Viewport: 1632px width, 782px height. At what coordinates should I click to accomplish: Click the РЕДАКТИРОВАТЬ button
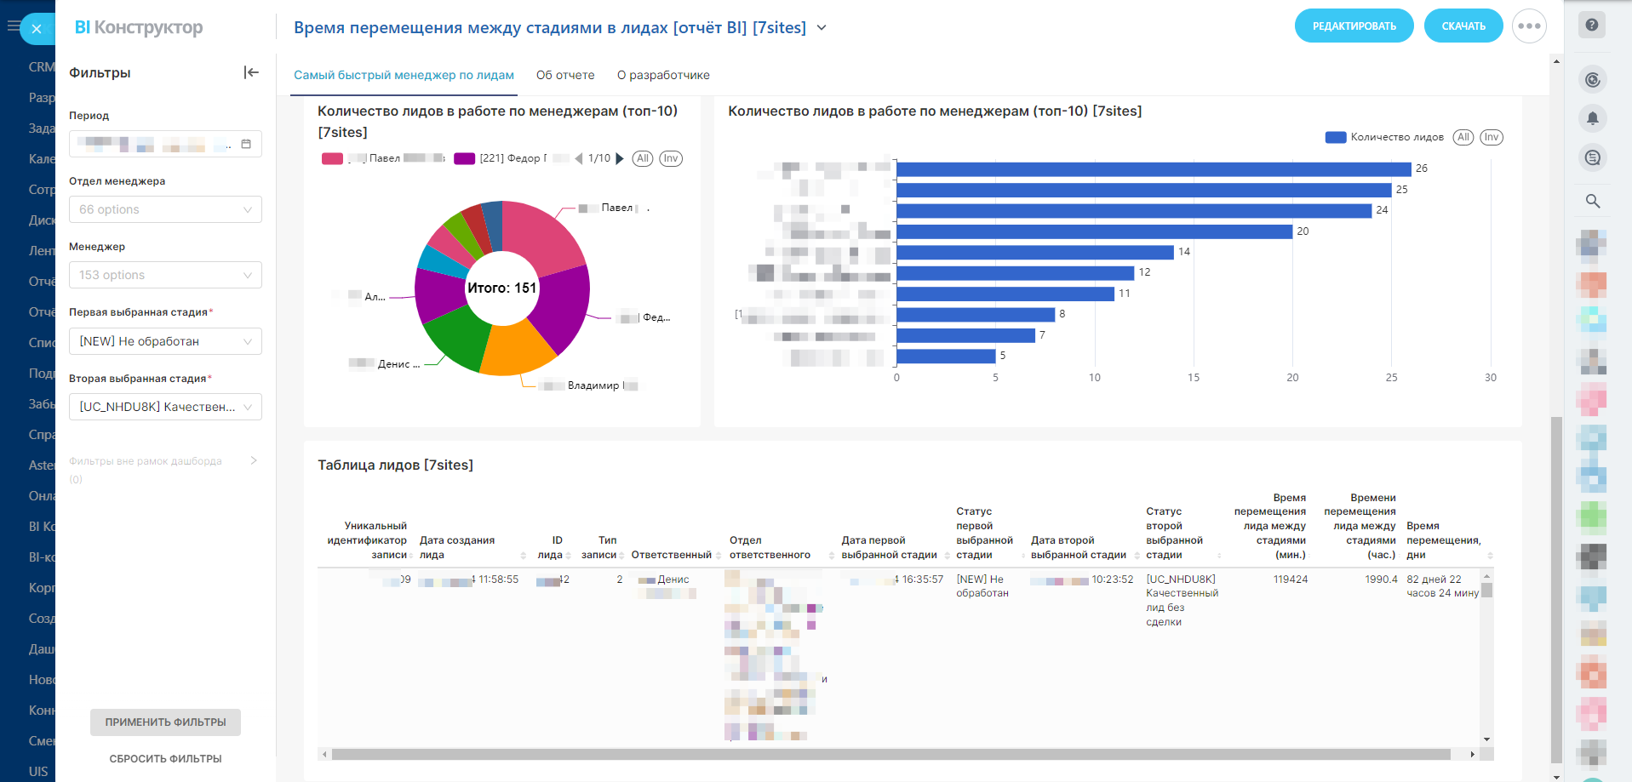click(x=1354, y=26)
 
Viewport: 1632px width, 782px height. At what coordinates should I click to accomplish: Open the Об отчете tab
click(x=565, y=75)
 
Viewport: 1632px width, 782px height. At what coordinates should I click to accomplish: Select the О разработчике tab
click(x=663, y=75)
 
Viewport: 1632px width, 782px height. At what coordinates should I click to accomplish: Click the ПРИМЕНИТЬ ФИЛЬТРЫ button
click(x=165, y=722)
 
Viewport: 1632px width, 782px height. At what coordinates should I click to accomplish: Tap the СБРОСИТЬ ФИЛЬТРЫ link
click(x=165, y=759)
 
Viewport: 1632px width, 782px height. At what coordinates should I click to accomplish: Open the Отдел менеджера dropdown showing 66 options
click(x=165, y=209)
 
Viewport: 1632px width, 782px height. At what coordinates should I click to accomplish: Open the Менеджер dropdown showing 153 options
click(x=165, y=275)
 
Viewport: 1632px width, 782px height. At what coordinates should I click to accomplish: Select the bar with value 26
click(x=1154, y=169)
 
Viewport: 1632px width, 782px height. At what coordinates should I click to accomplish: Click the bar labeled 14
click(x=1034, y=252)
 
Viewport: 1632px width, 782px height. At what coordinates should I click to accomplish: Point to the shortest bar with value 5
click(x=946, y=356)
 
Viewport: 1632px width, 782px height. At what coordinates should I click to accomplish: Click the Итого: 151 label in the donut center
click(x=501, y=288)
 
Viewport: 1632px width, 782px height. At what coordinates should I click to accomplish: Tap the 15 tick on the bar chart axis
click(x=1194, y=378)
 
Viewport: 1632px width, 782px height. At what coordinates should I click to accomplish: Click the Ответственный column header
click(x=671, y=555)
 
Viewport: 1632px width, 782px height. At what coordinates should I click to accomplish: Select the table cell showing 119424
click(x=1291, y=579)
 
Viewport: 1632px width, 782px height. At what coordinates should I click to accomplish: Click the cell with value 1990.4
click(x=1381, y=579)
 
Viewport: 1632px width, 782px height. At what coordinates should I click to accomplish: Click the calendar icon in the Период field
click(x=246, y=144)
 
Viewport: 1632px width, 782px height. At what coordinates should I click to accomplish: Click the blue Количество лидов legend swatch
click(x=1335, y=137)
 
